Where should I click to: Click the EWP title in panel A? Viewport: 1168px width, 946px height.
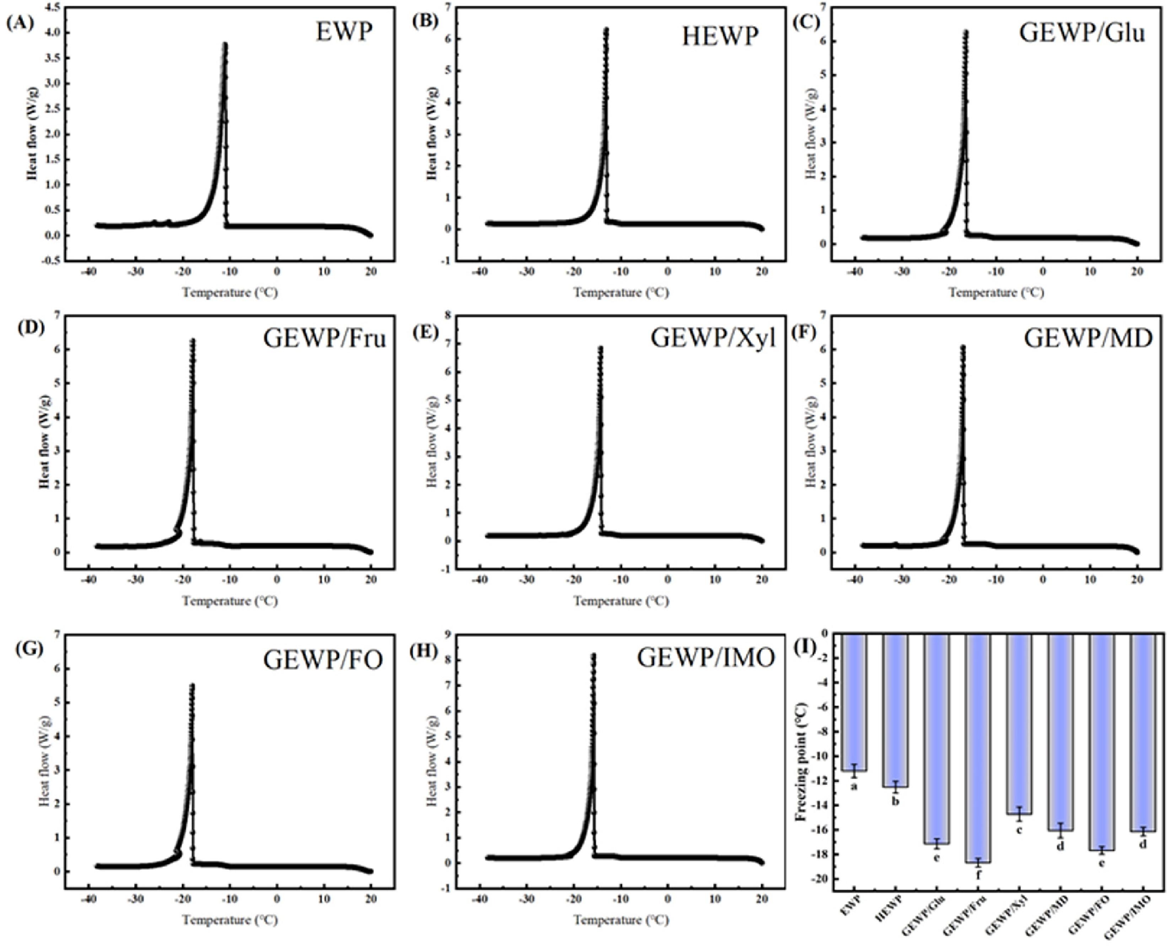(x=344, y=32)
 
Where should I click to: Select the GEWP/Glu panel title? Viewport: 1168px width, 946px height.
(x=1082, y=33)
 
